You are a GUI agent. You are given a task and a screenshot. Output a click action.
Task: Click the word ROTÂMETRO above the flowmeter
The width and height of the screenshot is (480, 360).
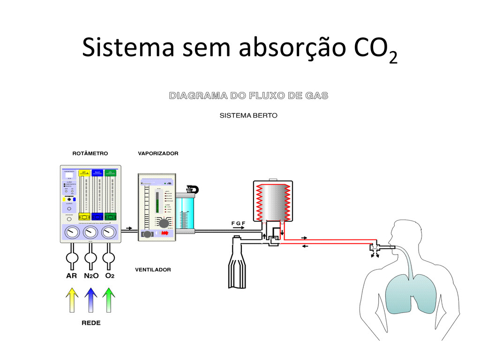pos(90,153)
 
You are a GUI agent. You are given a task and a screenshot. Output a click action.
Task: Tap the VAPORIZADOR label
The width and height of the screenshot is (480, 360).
pos(158,153)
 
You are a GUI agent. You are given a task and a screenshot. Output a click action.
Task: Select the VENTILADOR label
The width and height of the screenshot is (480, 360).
pos(153,270)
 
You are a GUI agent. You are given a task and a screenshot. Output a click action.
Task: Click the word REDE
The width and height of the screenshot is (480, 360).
pos(90,323)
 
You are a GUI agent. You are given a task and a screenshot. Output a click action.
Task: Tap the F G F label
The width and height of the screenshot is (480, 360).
pos(238,223)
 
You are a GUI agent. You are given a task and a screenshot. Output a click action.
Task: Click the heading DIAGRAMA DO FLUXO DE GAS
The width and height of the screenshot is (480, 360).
pos(248,96)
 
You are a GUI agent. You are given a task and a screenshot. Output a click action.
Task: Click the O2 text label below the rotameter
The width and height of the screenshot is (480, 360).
pos(109,276)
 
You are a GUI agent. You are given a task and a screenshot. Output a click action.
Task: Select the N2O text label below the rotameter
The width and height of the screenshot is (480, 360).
pos(91,276)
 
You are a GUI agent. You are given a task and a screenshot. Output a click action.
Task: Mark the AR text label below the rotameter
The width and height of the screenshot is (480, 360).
pos(71,276)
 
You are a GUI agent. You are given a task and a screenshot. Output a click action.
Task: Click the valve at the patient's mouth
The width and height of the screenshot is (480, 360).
pos(375,249)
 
